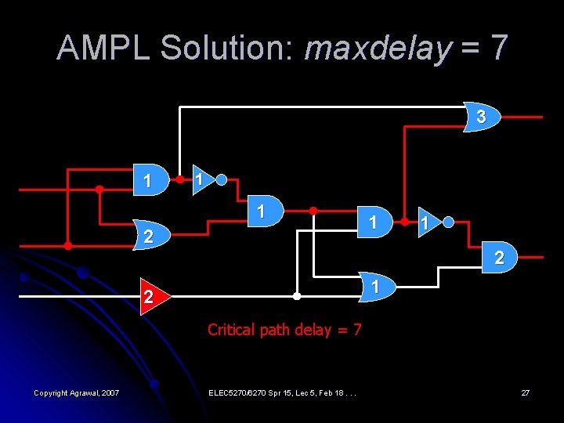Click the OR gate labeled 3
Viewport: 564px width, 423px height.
pos(479,117)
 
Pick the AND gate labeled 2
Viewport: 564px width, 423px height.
pos(497,256)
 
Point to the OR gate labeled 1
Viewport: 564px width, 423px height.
pos(375,287)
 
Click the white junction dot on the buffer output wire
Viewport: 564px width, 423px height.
pos(297,297)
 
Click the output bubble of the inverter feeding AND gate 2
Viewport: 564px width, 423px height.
pos(448,222)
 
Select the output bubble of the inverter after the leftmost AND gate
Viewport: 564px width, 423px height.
pos(222,179)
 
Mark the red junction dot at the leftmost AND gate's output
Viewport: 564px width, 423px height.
pos(179,179)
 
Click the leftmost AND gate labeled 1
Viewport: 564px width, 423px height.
pos(150,180)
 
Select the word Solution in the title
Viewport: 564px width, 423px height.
pos(227,49)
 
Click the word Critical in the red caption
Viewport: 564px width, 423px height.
pos(231,330)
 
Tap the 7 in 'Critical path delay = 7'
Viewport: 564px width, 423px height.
pos(357,330)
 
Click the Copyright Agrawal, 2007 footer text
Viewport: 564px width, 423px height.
pos(77,392)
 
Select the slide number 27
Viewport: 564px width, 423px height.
pos(526,392)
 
